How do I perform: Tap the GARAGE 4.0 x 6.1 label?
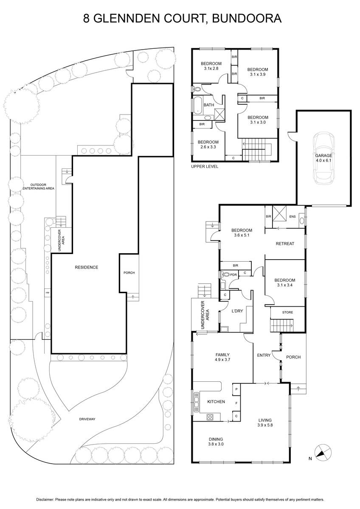[x=323, y=158]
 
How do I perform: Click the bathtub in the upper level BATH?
[x=198, y=104]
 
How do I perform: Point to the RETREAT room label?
[x=285, y=243]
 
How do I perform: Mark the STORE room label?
[x=287, y=312]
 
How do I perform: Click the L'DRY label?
[x=237, y=311]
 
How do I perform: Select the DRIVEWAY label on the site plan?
[x=87, y=419]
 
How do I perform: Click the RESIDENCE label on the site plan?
[x=87, y=268]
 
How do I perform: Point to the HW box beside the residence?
[x=48, y=293]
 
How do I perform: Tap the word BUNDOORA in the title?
[x=247, y=18]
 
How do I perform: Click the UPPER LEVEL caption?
[x=205, y=167]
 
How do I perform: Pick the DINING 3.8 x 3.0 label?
[x=216, y=442]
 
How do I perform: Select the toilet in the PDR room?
[x=225, y=274]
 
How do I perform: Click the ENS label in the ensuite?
[x=292, y=217]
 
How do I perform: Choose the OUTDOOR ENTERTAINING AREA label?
[x=39, y=187]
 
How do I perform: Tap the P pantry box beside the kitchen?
[x=236, y=389]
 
